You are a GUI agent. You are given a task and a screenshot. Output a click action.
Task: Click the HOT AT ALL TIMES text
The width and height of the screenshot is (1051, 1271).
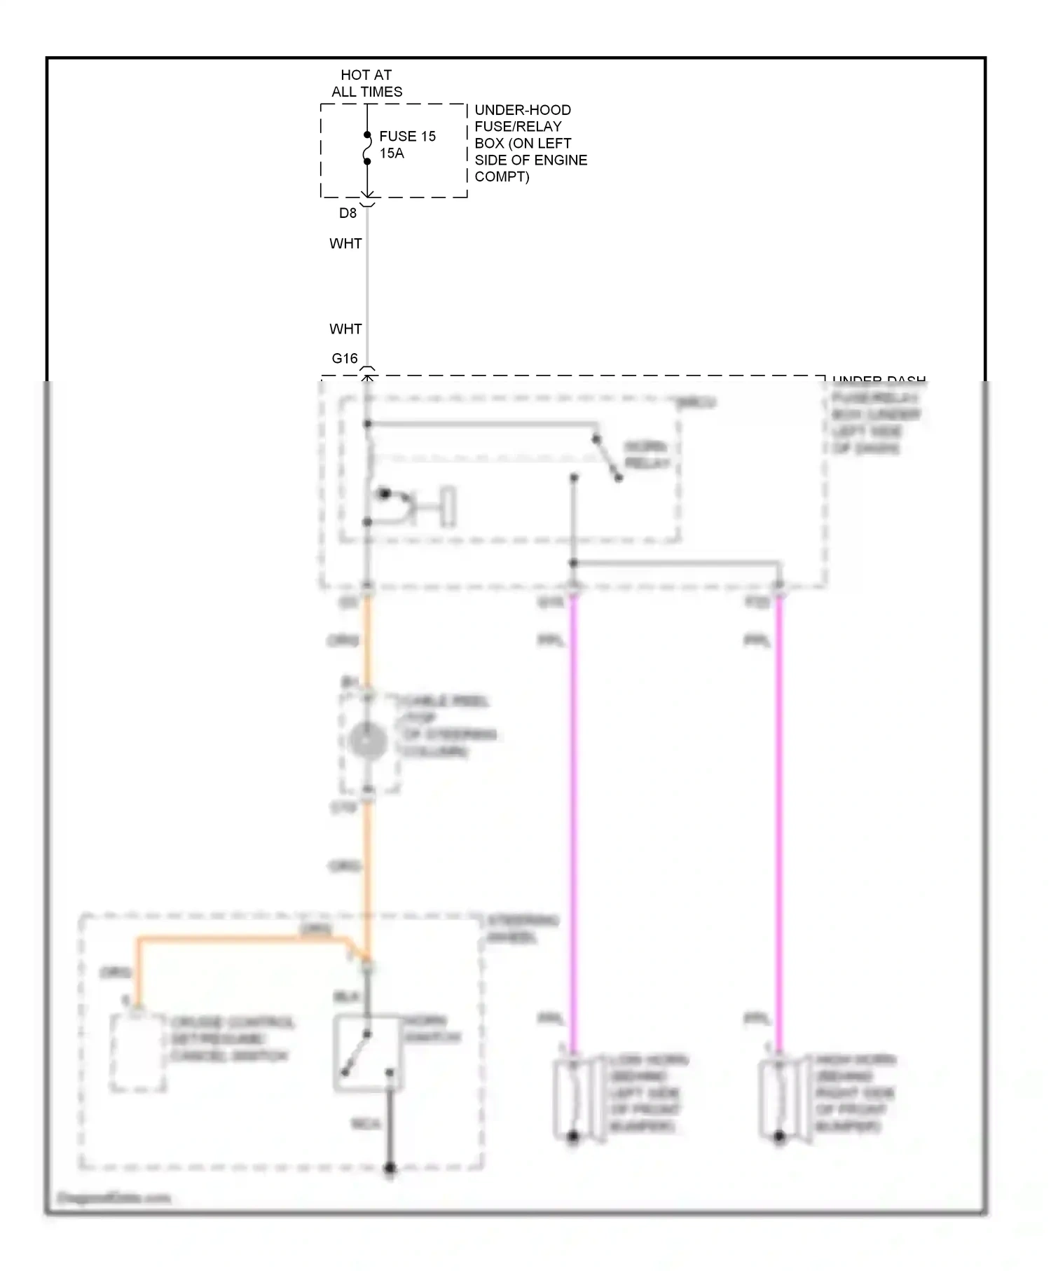click(x=366, y=83)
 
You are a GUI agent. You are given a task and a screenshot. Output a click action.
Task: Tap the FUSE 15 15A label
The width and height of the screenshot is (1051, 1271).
click(x=407, y=145)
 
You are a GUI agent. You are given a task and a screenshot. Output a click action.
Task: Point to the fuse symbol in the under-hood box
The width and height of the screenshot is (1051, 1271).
click(x=366, y=148)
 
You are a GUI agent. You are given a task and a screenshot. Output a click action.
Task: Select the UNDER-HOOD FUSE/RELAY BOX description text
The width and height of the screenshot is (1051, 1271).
click(x=530, y=144)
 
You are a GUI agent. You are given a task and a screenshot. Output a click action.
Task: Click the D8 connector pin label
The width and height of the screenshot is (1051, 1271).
click(x=348, y=213)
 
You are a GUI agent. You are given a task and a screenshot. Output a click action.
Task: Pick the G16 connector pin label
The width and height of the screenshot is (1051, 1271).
click(x=344, y=359)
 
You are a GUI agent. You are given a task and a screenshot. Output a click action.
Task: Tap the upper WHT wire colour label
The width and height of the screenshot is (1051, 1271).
click(x=345, y=244)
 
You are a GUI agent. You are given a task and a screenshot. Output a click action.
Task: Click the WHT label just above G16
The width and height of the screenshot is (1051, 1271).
click(x=345, y=329)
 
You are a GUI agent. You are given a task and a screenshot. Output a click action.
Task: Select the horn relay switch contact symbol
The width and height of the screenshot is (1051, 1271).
click(x=607, y=459)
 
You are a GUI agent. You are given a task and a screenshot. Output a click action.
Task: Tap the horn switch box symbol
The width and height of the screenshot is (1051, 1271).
click(x=367, y=1053)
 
